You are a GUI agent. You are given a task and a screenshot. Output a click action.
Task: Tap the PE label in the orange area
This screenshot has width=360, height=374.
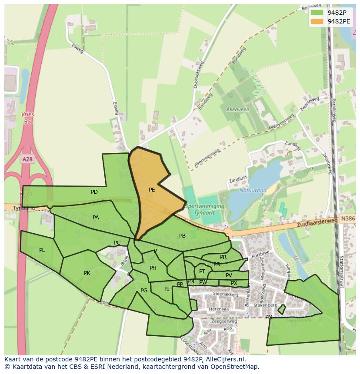(x=152, y=190)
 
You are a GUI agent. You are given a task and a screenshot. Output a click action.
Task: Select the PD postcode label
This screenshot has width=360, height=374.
(x=94, y=192)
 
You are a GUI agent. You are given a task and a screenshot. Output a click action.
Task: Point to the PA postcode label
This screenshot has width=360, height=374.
(x=96, y=218)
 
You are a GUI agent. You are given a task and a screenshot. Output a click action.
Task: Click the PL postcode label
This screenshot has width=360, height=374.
(x=42, y=250)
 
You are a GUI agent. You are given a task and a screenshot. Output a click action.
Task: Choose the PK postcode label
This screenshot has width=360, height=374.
(x=87, y=273)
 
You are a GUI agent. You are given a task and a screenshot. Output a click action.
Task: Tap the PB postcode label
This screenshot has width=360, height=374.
(x=183, y=236)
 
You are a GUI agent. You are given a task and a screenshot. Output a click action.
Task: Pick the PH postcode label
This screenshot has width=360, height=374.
(x=153, y=268)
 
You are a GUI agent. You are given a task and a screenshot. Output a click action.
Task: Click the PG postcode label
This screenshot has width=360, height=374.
(x=144, y=291)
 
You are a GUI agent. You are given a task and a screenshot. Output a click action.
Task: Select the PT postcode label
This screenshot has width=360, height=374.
(x=202, y=271)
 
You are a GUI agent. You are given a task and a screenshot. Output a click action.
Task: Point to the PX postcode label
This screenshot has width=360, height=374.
(x=234, y=283)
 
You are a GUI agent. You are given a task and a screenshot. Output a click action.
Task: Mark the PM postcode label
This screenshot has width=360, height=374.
(x=269, y=317)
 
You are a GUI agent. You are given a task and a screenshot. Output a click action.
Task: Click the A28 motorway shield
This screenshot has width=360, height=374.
(x=27, y=159)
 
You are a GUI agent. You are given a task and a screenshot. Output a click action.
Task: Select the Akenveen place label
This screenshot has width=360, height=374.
(x=238, y=109)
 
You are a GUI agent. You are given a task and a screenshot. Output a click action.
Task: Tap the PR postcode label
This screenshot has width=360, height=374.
(x=223, y=257)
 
